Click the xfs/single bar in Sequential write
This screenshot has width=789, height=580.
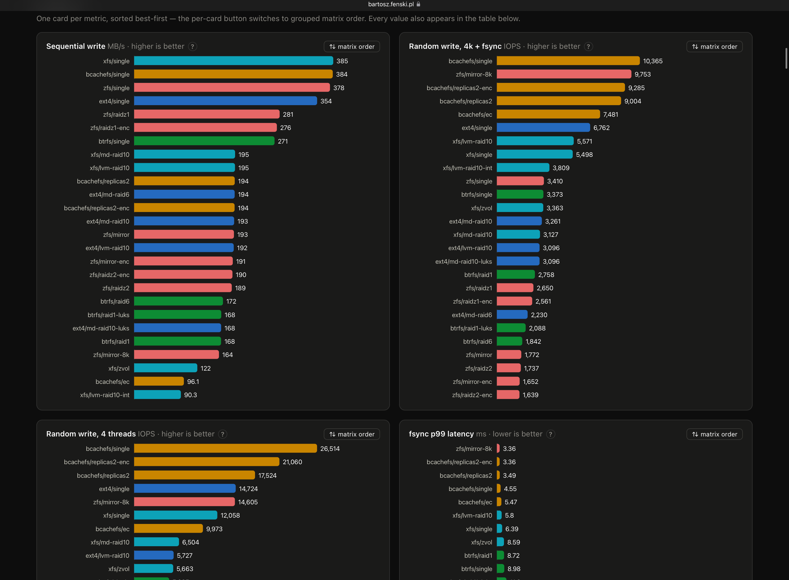[233, 61]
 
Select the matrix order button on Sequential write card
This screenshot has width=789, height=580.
[352, 47]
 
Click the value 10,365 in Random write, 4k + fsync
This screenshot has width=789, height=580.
[653, 61]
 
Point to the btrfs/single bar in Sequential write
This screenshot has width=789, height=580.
[204, 141]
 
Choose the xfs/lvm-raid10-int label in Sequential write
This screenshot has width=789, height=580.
[105, 395]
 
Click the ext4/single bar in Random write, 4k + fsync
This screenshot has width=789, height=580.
[543, 128]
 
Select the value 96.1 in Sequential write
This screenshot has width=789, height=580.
[193, 382]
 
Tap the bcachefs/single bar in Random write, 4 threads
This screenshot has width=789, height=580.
[225, 449]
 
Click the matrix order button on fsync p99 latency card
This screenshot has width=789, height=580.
[714, 434]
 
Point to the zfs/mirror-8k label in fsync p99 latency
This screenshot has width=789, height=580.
[474, 449]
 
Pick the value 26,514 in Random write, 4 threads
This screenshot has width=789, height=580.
[330, 449]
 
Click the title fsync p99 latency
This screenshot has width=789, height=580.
[441, 434]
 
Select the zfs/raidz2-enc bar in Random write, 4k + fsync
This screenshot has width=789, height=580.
[508, 395]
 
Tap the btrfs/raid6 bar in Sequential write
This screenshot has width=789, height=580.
[178, 301]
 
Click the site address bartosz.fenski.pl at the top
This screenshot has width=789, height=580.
[391, 4]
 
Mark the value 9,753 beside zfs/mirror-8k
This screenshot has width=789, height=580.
[643, 75]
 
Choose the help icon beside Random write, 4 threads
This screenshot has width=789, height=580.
[223, 434]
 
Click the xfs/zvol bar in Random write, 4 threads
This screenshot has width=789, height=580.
[153, 569]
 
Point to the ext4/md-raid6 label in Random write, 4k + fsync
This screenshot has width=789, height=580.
[472, 315]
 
